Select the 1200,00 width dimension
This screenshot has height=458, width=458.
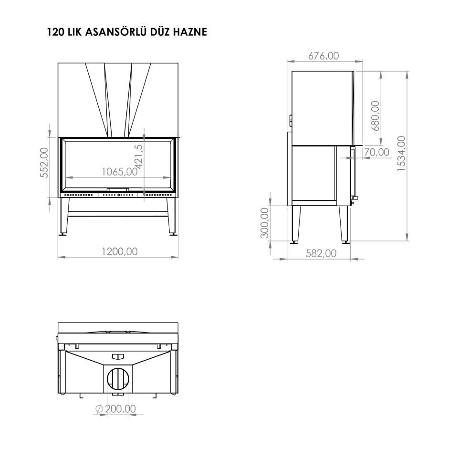[x=119, y=251]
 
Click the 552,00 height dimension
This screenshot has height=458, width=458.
[x=44, y=162]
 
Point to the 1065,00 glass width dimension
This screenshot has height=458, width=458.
[x=119, y=171]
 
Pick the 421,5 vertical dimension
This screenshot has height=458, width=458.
[x=139, y=156]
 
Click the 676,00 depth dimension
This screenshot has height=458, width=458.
[x=323, y=55]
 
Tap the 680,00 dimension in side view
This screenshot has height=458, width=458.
[x=376, y=115]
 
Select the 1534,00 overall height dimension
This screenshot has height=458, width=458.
[x=402, y=154]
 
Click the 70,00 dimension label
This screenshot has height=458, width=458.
[x=376, y=152]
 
